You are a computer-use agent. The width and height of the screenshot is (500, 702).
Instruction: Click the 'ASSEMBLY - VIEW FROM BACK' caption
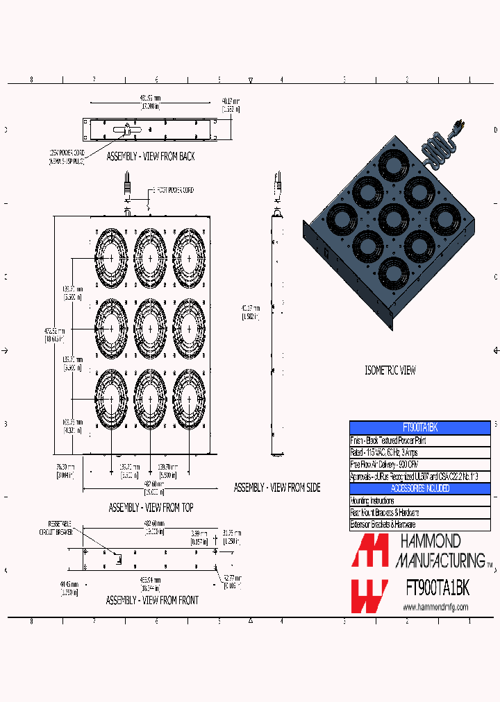pyautogui.click(x=150, y=157)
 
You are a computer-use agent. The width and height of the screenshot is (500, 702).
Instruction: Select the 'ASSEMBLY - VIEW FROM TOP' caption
pyautogui.click(x=151, y=508)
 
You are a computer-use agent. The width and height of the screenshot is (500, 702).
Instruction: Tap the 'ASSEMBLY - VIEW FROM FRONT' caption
pyautogui.click(x=151, y=600)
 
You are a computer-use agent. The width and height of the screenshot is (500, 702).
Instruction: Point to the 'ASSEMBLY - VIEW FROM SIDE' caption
pyautogui.click(x=276, y=488)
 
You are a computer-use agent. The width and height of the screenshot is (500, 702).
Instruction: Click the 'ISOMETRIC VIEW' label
pyautogui.click(x=390, y=370)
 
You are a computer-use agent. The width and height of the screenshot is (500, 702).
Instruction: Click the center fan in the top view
pyautogui.click(x=150, y=327)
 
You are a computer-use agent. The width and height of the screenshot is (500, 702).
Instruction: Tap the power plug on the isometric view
pyautogui.click(x=458, y=128)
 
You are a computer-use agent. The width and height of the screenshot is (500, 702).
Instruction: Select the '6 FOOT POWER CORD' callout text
pyautogui.click(x=172, y=190)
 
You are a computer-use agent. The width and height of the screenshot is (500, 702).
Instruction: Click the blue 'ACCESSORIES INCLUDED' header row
pyautogui.click(x=419, y=488)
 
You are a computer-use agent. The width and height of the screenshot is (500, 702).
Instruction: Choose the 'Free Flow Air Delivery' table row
pyautogui.click(x=419, y=464)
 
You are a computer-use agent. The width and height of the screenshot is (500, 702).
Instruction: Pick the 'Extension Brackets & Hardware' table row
pyautogui.click(x=419, y=524)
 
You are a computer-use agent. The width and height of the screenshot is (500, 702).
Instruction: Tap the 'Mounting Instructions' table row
pyautogui.click(x=419, y=500)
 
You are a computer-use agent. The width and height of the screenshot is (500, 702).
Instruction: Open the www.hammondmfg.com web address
pyautogui.click(x=435, y=607)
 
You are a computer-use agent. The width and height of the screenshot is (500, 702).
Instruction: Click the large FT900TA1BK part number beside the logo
pyautogui.click(x=437, y=588)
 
